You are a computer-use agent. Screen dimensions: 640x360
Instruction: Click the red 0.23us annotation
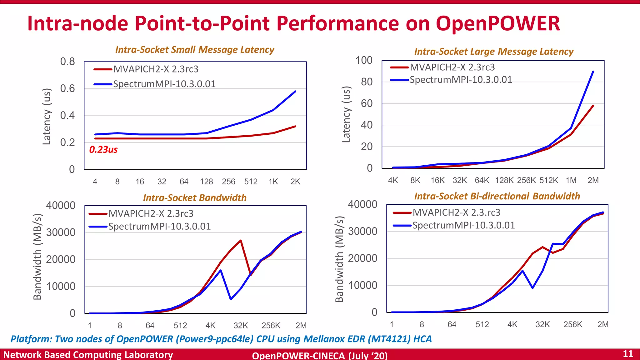coord(103,150)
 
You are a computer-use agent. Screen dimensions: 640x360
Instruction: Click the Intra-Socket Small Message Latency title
coord(195,50)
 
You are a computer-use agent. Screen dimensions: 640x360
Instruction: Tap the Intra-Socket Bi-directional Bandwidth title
coord(497,196)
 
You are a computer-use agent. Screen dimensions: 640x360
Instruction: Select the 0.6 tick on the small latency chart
coord(67,88)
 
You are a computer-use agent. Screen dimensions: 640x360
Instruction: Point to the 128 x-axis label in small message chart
coord(206,182)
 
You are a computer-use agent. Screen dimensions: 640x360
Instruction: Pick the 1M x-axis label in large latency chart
coord(571,180)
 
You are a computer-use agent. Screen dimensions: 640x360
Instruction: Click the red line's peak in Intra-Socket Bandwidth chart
coord(241,240)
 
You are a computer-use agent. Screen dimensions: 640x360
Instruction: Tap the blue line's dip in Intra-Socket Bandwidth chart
coord(231,299)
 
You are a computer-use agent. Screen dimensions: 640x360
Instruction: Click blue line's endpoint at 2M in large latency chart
coord(593,72)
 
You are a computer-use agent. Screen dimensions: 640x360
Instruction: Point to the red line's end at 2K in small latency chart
coord(295,126)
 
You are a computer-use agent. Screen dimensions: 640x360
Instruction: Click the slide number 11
coord(628,354)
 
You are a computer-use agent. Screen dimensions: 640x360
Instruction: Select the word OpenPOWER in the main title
coord(498,23)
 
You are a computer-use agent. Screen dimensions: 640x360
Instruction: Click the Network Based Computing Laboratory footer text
coord(88,355)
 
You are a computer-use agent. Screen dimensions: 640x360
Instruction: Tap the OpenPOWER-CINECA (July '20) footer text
coord(320,355)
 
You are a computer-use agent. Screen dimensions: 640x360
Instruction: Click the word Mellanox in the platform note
coord(322,339)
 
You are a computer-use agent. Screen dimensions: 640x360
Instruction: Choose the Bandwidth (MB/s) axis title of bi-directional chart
coord(339,259)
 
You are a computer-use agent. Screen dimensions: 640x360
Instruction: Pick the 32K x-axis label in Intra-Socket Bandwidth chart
coord(241,326)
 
